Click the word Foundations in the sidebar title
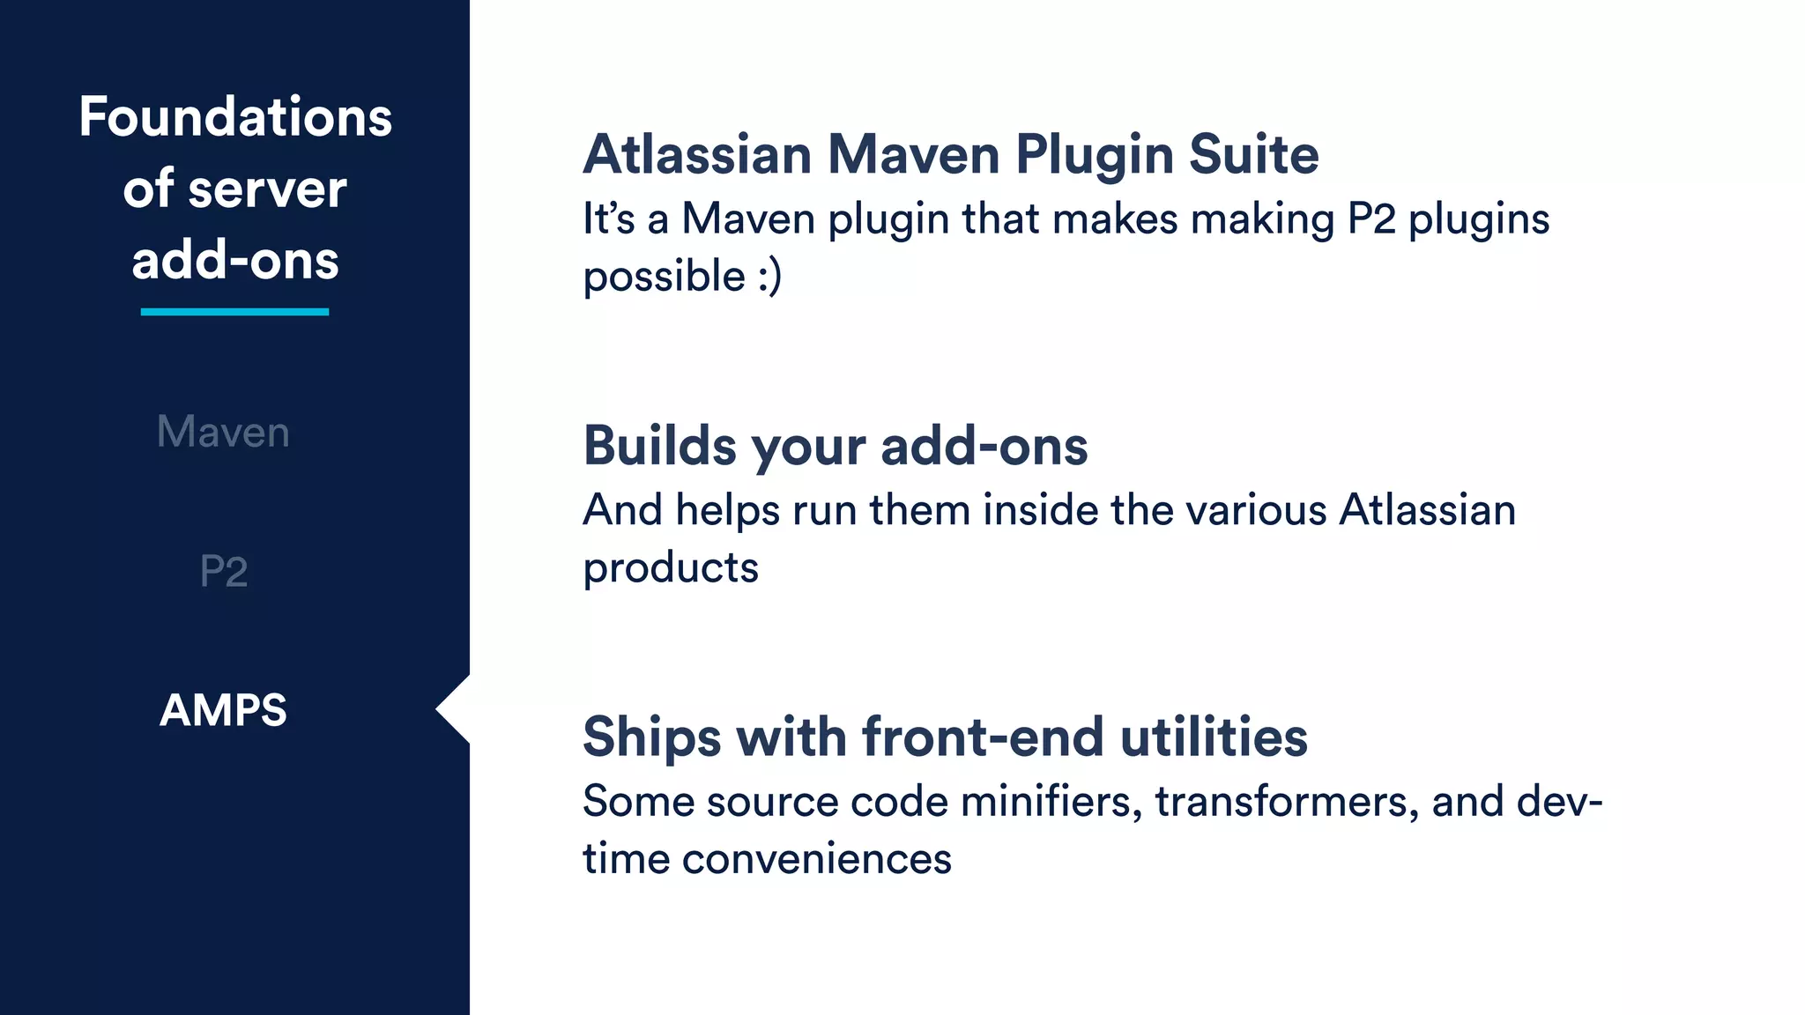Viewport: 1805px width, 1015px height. (x=235, y=117)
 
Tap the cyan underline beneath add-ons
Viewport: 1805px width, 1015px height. (x=234, y=311)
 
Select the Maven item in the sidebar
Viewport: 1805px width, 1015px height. (x=223, y=432)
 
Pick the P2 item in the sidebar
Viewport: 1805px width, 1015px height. (x=224, y=571)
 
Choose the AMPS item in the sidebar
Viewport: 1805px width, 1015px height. (x=224, y=710)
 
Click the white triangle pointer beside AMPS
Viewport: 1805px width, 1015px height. (x=454, y=709)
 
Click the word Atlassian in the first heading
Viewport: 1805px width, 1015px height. (x=697, y=155)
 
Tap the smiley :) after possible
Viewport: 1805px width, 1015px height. (x=769, y=277)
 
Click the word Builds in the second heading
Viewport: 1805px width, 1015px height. (x=659, y=446)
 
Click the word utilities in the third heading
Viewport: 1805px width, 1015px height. (x=1214, y=737)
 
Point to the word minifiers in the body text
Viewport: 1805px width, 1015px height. (x=1051, y=802)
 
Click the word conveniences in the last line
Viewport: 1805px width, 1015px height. (x=816, y=859)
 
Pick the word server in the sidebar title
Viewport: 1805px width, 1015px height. (x=267, y=189)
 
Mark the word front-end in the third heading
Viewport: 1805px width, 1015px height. (x=982, y=737)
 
